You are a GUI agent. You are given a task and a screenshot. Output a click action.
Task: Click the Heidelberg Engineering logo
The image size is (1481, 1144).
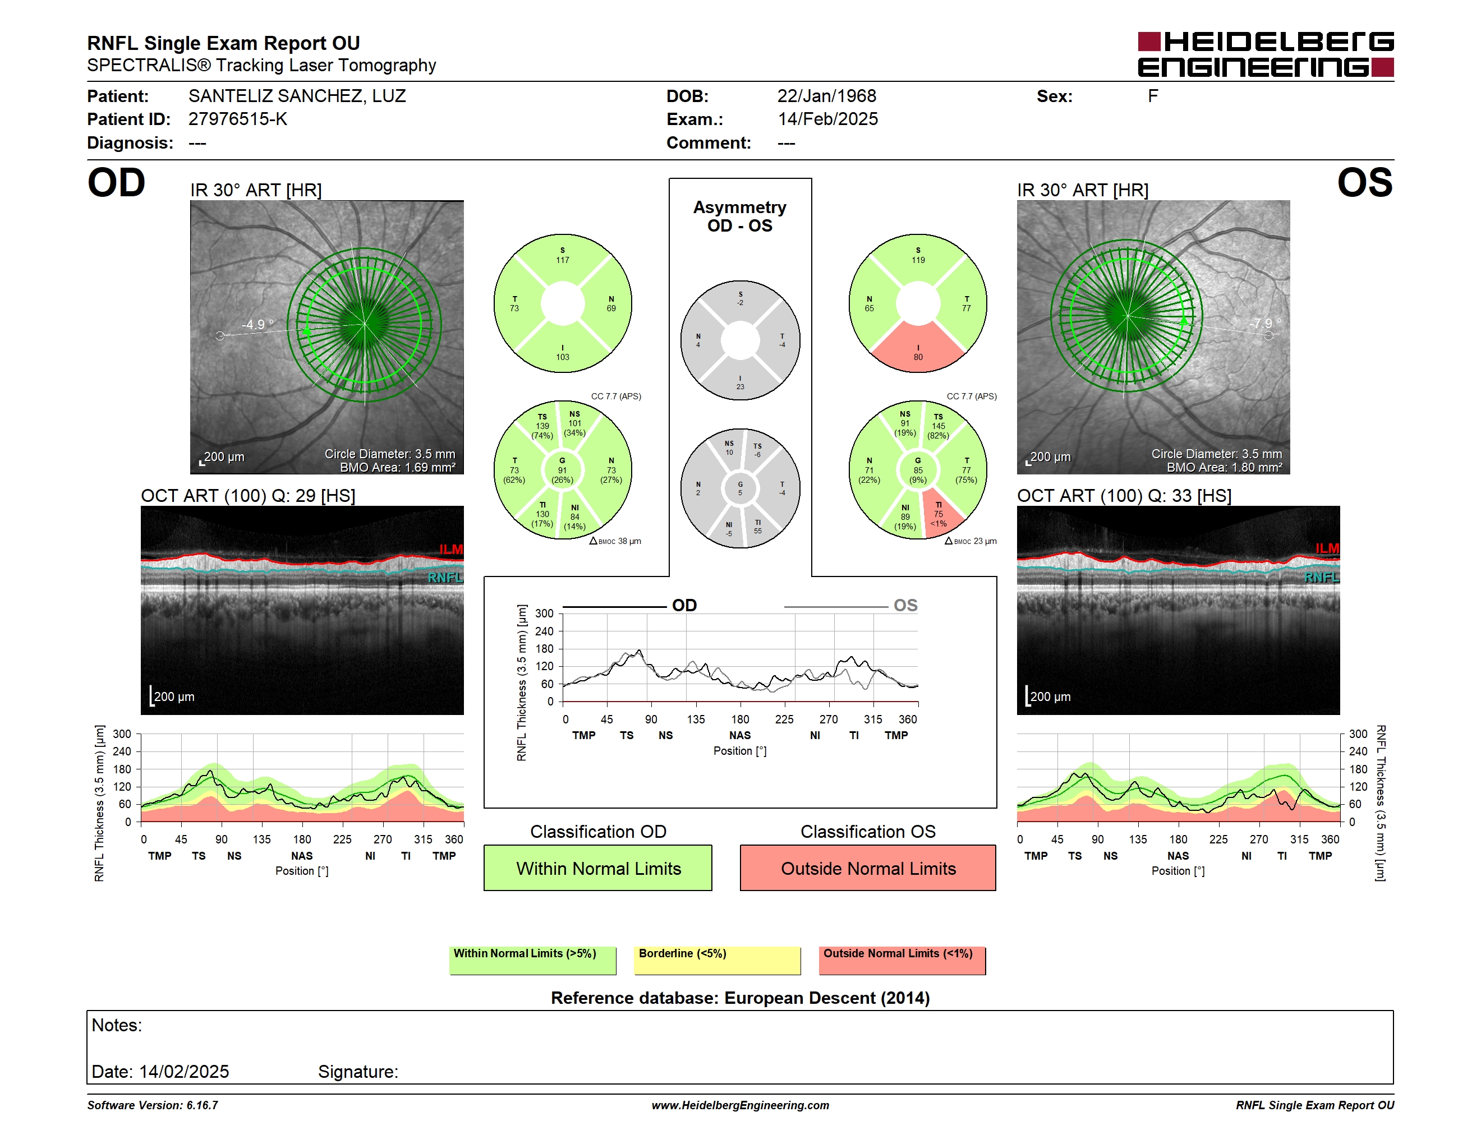(1266, 54)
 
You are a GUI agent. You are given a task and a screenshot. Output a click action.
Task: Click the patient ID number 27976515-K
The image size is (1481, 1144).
(237, 119)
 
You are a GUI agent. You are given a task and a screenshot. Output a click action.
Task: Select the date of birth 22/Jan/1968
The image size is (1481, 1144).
(827, 96)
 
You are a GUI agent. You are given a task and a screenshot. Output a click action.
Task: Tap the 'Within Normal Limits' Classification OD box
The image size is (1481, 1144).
(597, 868)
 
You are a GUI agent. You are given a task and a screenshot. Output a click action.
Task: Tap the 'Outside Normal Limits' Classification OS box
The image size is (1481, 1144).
(868, 868)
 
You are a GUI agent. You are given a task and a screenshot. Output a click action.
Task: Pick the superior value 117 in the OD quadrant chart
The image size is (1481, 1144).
(563, 260)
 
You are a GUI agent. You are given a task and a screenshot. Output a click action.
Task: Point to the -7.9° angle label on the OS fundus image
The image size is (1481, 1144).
(1266, 323)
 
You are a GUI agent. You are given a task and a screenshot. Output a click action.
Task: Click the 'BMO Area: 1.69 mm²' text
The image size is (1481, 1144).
(397, 468)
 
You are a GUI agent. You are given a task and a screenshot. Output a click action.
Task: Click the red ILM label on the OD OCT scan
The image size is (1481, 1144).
(451, 549)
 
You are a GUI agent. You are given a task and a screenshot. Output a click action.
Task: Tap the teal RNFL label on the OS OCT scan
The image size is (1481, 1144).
(1322, 578)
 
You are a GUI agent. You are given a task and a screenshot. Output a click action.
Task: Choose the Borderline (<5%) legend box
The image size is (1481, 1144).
(717, 960)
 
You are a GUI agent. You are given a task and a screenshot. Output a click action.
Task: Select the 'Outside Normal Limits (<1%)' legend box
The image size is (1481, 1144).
(902, 960)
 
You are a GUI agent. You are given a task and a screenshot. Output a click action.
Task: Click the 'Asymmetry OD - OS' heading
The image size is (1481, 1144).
(740, 216)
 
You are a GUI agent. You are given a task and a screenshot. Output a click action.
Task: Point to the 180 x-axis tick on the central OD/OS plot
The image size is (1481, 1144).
(740, 719)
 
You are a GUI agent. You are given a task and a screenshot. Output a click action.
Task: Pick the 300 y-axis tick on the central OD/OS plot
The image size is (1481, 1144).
(545, 613)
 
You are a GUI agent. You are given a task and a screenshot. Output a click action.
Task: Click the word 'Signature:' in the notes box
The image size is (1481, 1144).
(358, 1072)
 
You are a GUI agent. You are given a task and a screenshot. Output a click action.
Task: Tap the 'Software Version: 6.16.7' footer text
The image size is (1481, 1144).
(153, 1105)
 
